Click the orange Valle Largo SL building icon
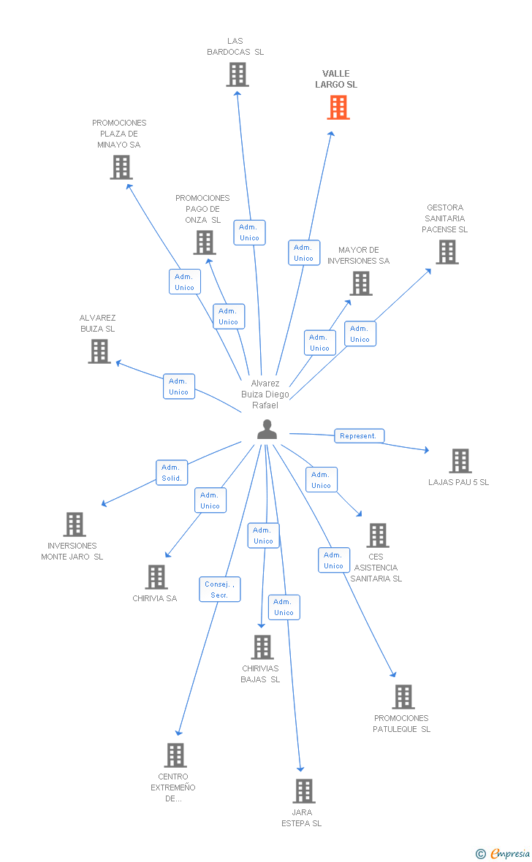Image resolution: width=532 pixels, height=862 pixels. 338,107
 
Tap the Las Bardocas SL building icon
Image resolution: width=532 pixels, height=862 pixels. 237,75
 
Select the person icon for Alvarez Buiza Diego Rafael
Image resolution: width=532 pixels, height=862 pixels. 267,430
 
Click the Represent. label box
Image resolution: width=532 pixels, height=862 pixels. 359,436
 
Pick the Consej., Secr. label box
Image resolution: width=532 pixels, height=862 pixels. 219,590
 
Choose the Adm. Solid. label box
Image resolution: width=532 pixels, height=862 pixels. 172,473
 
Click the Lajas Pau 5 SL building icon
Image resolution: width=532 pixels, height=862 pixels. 460,461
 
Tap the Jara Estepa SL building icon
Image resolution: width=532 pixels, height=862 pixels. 303,791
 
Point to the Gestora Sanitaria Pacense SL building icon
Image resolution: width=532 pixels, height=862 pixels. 446,252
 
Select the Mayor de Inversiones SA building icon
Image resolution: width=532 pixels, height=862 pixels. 360,283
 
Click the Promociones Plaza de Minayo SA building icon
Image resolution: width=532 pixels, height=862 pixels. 121,167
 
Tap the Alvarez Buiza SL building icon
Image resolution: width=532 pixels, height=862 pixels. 99,351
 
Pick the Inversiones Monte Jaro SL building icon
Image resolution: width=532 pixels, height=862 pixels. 74,525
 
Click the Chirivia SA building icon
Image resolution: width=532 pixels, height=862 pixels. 156,577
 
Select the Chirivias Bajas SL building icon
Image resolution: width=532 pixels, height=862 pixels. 262,647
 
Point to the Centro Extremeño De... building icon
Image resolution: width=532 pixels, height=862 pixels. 175,755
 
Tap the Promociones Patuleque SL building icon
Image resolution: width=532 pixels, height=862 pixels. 403,697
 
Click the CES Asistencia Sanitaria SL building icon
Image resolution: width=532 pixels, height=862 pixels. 377,535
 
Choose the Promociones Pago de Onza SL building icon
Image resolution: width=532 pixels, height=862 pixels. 204,243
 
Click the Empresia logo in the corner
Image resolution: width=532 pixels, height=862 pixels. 504,853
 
